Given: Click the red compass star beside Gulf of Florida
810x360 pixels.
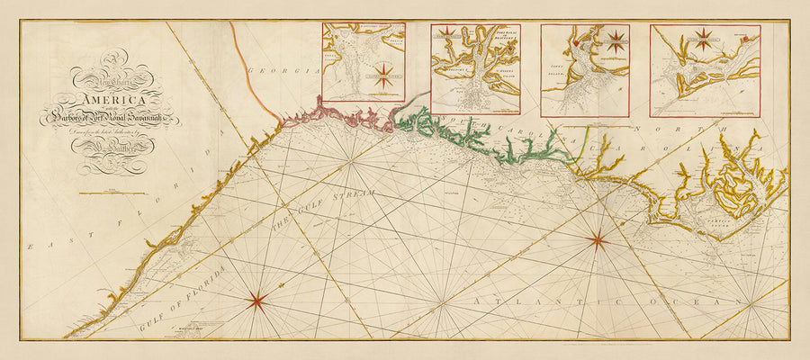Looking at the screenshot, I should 256,301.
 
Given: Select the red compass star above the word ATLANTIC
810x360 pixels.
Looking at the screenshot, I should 596,238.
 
